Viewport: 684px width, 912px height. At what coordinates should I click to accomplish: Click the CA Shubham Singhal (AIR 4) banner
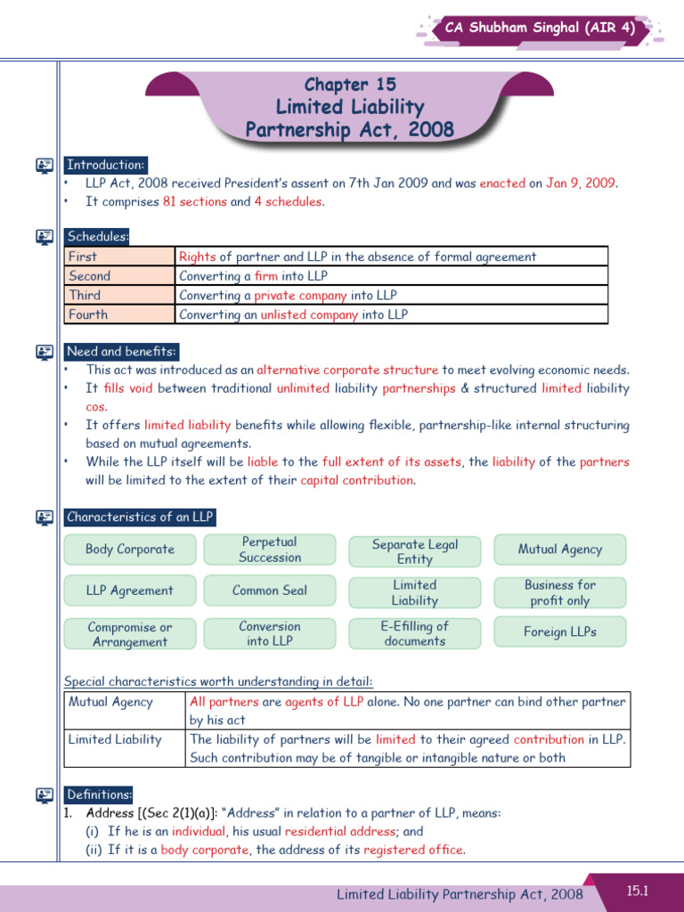[541, 28]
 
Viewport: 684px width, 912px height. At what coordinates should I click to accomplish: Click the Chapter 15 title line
[350, 85]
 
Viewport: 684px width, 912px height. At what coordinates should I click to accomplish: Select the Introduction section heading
[105, 165]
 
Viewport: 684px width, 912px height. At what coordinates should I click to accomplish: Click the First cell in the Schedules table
[119, 256]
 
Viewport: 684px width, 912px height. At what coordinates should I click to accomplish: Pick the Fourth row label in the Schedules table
[119, 314]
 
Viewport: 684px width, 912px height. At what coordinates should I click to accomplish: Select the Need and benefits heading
[121, 351]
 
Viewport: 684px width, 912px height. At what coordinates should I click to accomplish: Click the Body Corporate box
[130, 550]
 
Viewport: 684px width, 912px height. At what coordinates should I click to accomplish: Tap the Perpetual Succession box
[270, 550]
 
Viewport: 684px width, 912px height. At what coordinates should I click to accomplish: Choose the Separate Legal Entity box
[414, 551]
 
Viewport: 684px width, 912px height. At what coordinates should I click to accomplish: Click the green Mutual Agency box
[559, 550]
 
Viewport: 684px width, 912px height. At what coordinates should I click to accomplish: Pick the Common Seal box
[270, 590]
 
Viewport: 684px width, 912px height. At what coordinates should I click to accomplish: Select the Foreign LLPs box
[559, 632]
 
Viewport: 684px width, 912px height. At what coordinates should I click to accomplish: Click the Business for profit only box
[559, 592]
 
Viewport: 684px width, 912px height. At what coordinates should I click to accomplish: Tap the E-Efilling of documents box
[414, 633]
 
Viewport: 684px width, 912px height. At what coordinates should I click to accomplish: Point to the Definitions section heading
[99, 794]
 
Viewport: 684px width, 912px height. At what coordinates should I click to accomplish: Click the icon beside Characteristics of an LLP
[44, 517]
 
